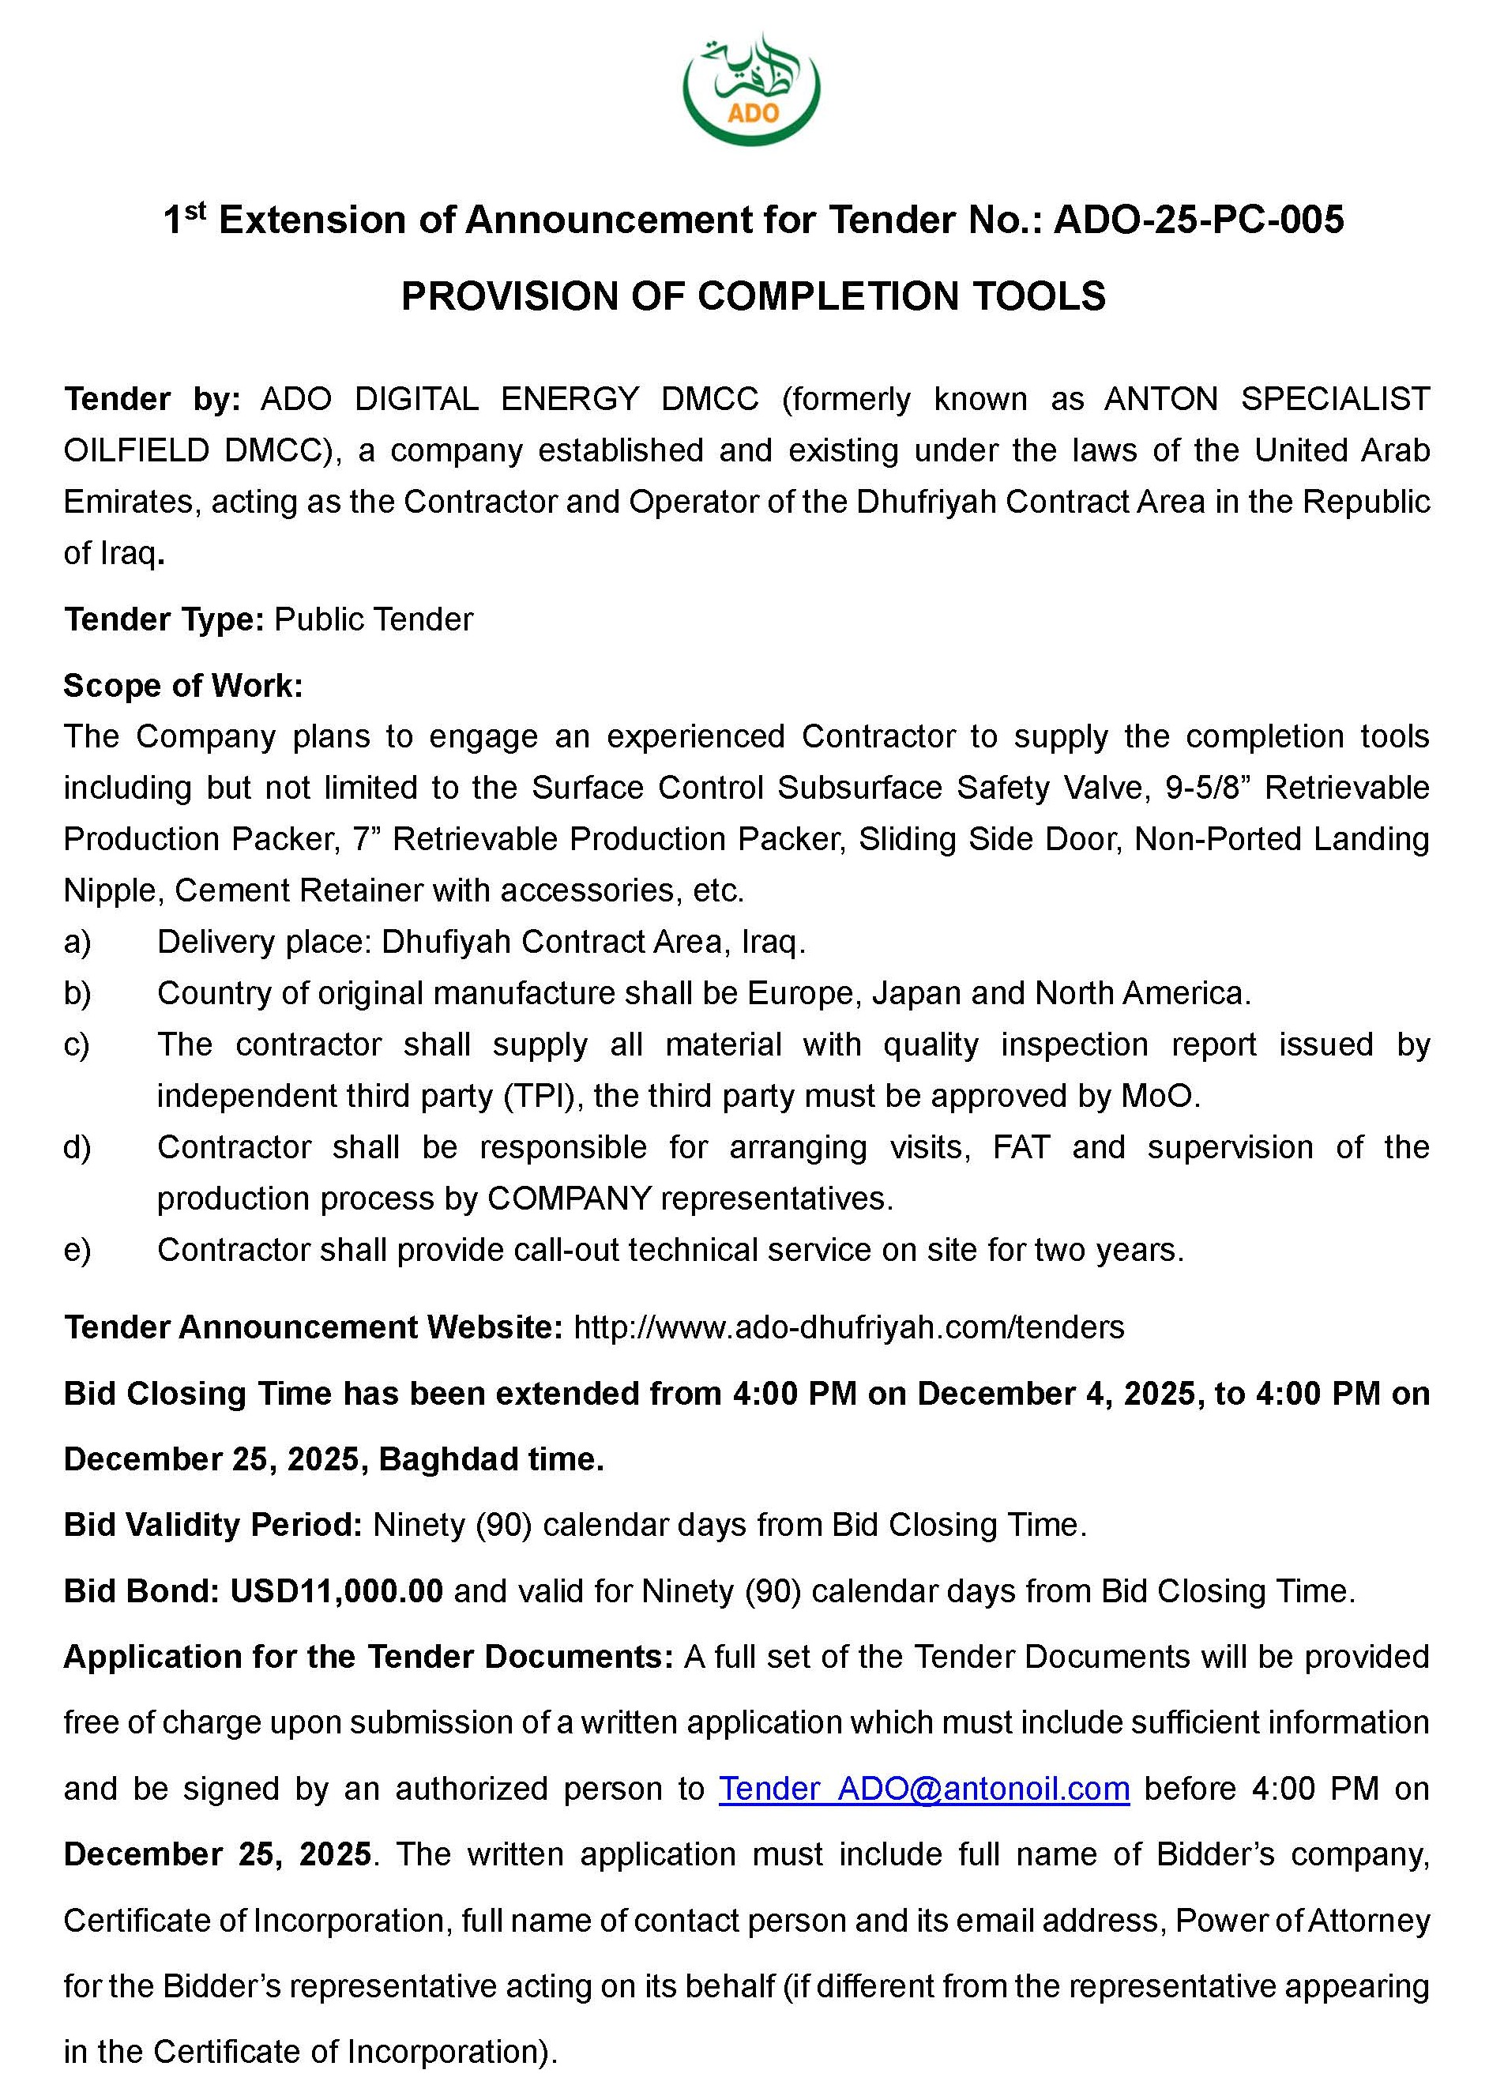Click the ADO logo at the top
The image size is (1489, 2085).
coord(751,89)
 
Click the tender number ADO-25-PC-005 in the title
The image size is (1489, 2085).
coord(1198,221)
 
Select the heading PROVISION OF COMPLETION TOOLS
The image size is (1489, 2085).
coord(753,296)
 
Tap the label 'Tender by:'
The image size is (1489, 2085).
coord(152,399)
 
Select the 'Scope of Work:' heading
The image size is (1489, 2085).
coord(182,686)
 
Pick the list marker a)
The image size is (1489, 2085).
coord(77,942)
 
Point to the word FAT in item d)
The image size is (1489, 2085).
coord(1021,1147)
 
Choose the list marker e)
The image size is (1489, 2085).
coord(77,1250)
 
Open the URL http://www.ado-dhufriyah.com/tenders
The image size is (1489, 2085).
coord(848,1327)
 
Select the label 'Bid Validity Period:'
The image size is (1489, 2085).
coord(213,1525)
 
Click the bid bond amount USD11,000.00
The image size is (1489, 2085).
coord(337,1590)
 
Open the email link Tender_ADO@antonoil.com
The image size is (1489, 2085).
coord(923,1789)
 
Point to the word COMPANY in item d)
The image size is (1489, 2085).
coord(570,1199)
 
